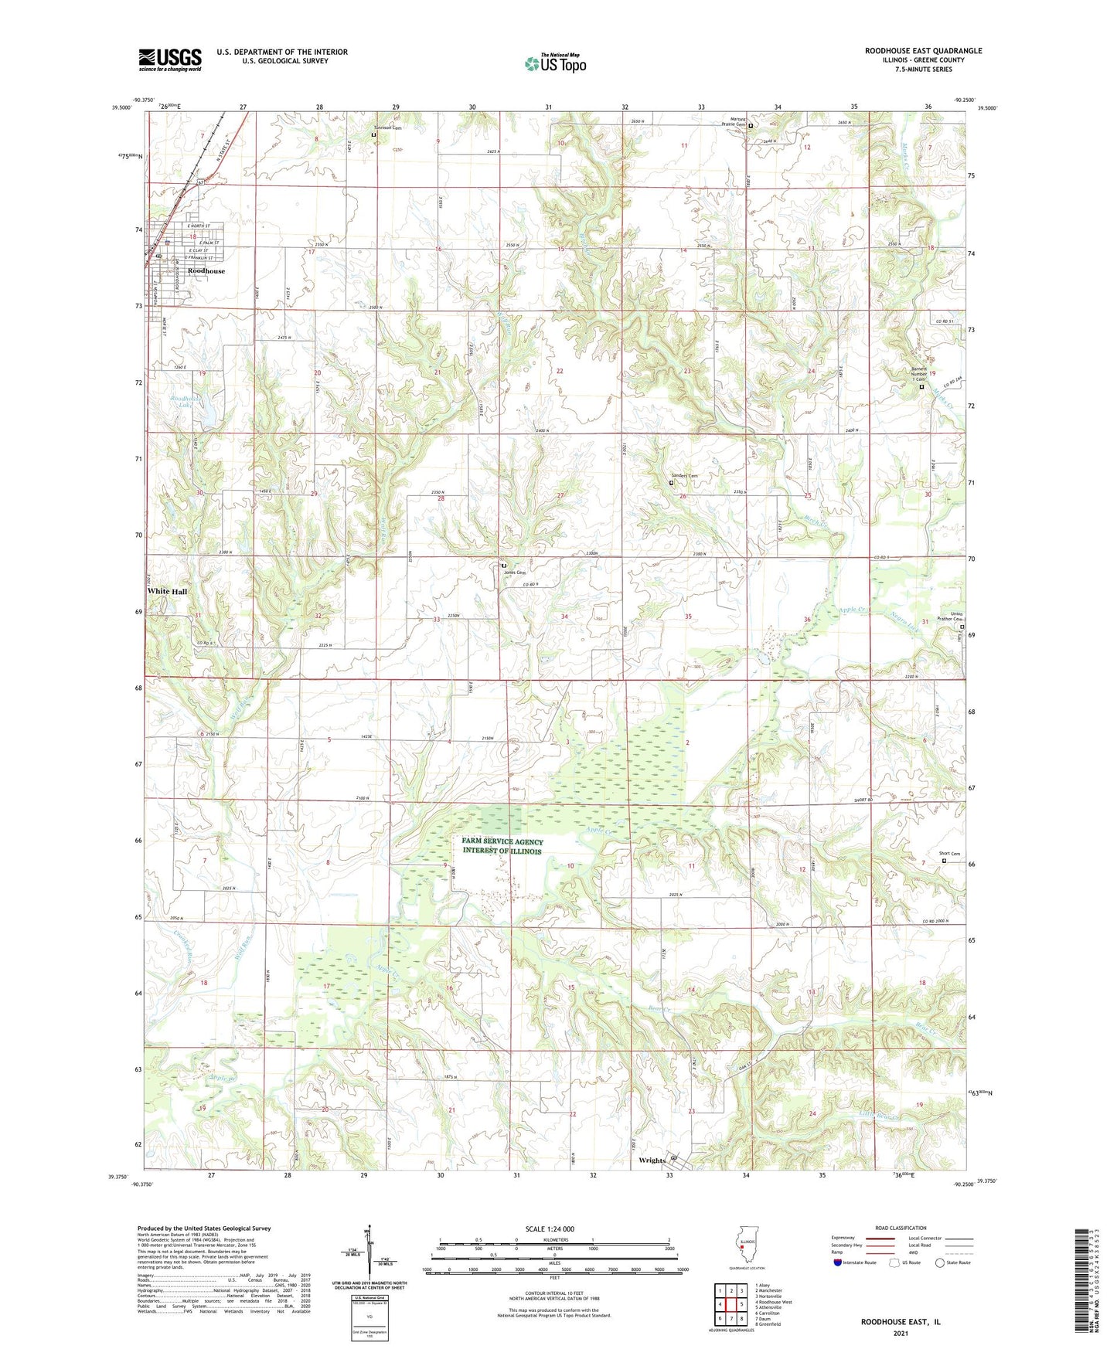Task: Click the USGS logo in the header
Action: click(170, 59)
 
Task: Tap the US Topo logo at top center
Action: click(555, 63)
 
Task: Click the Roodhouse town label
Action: click(206, 271)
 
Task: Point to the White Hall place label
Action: click(167, 591)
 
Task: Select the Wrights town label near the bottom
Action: click(652, 1160)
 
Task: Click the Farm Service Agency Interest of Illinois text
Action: click(502, 846)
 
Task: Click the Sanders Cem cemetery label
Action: click(683, 476)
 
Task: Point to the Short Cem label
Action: click(949, 854)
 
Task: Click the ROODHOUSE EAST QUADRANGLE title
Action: click(923, 51)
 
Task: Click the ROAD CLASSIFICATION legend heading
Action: click(901, 1228)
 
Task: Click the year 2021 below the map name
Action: click(900, 1334)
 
